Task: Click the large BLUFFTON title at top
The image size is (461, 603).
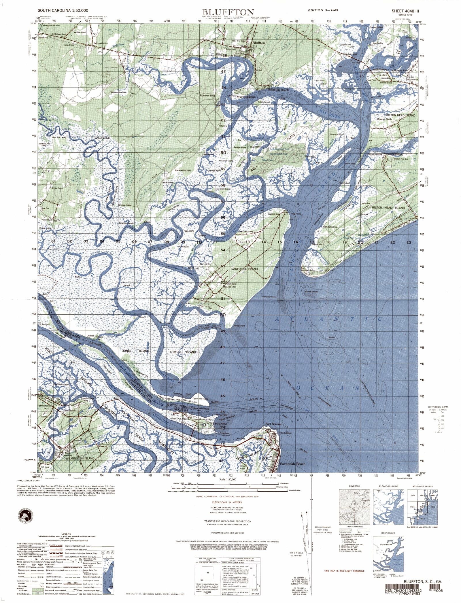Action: tap(228, 12)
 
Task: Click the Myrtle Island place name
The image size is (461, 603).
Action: tap(245, 97)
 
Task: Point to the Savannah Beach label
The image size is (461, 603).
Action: tap(292, 464)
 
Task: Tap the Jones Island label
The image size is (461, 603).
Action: tap(136, 351)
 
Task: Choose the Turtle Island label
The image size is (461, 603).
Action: tap(182, 352)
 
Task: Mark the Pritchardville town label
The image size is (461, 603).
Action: tap(101, 44)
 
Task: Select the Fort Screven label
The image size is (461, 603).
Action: tap(273, 424)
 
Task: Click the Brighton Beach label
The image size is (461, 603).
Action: tap(278, 90)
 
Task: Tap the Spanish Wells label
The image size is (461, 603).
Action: tap(384, 119)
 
